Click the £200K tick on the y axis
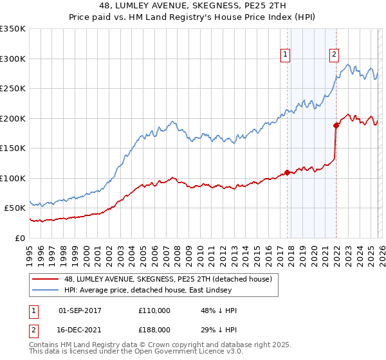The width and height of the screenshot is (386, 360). [x=13, y=118]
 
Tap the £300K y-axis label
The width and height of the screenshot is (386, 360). [x=13, y=59]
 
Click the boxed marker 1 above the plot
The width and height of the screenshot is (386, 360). [x=285, y=55]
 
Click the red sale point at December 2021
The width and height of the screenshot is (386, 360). [x=336, y=125]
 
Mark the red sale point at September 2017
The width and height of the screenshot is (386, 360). [x=287, y=172]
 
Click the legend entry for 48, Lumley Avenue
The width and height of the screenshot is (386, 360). [x=167, y=279]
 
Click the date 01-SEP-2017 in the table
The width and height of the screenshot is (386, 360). [x=83, y=310]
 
